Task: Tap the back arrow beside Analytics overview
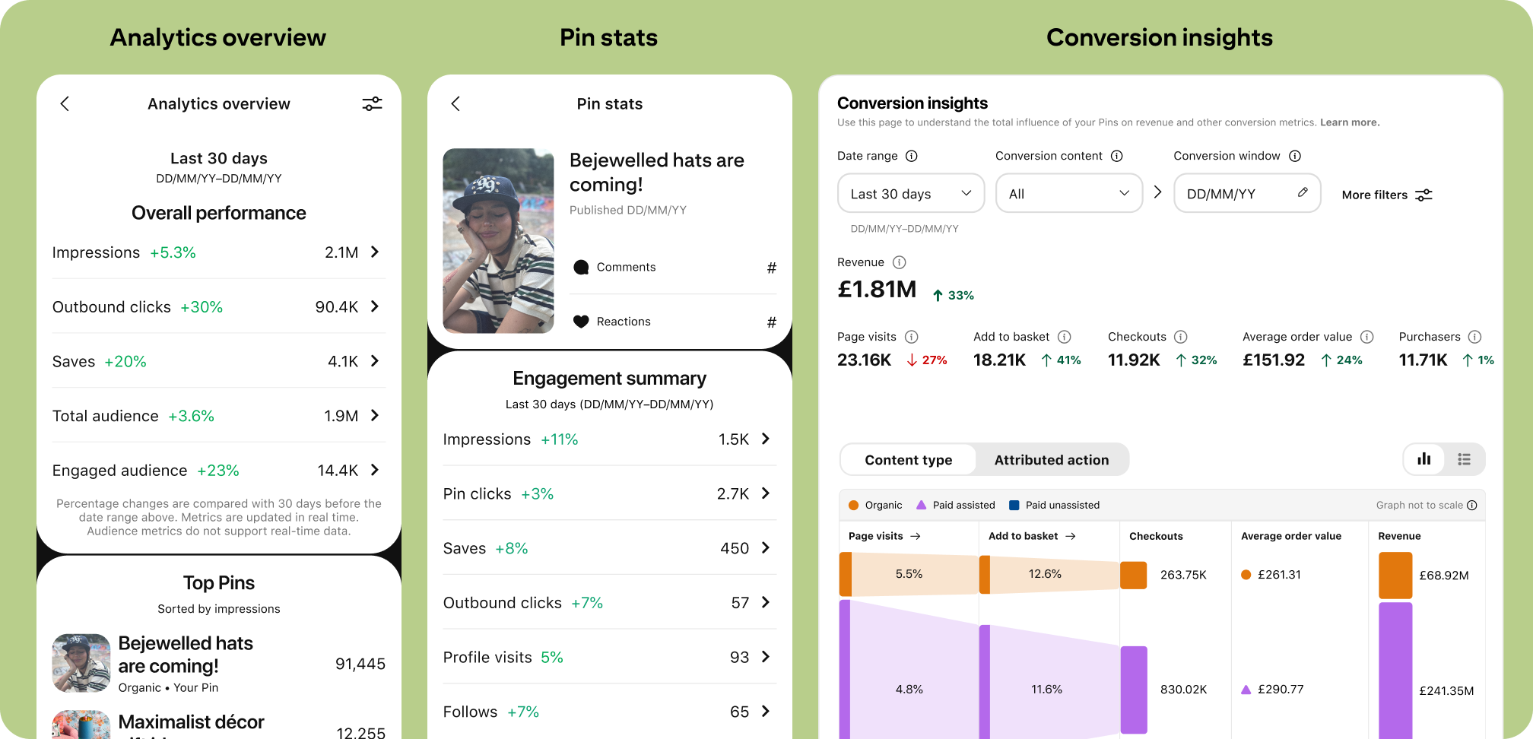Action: coord(65,103)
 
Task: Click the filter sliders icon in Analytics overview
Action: coord(372,103)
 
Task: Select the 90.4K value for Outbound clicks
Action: coord(336,306)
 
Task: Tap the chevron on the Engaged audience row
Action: coord(375,470)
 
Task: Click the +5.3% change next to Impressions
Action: coord(173,252)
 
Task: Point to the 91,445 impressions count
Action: coord(360,664)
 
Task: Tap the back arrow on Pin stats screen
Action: coord(455,103)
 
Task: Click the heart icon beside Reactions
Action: coord(581,322)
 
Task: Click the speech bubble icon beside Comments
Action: coord(581,267)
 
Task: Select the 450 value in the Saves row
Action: coord(734,548)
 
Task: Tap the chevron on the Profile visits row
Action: coord(766,657)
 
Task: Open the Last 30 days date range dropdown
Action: coord(910,194)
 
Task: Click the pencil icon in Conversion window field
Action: coord(1303,192)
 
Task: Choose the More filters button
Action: coord(1386,195)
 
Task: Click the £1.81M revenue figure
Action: coord(877,290)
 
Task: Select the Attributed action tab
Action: coord(1051,460)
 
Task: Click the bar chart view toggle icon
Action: coord(1423,459)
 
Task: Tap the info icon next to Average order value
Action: coord(1366,337)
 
